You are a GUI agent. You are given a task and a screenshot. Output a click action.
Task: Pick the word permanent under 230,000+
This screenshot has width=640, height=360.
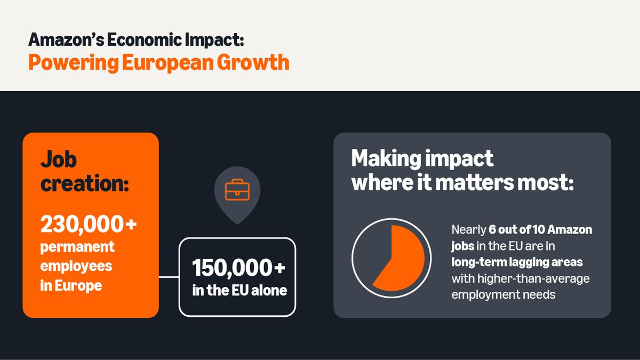77,247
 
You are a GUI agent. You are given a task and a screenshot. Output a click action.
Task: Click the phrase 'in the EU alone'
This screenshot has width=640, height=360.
239,290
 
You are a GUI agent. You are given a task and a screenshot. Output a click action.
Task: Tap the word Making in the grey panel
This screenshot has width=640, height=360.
383,158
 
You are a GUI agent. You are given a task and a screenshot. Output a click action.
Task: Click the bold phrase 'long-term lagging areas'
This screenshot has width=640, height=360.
517,262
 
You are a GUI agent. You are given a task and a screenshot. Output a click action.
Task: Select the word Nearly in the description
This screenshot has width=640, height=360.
468,230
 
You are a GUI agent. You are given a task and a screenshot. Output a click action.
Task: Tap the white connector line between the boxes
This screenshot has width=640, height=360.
169,277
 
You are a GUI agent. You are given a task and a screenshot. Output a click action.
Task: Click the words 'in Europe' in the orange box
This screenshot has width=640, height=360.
71,285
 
